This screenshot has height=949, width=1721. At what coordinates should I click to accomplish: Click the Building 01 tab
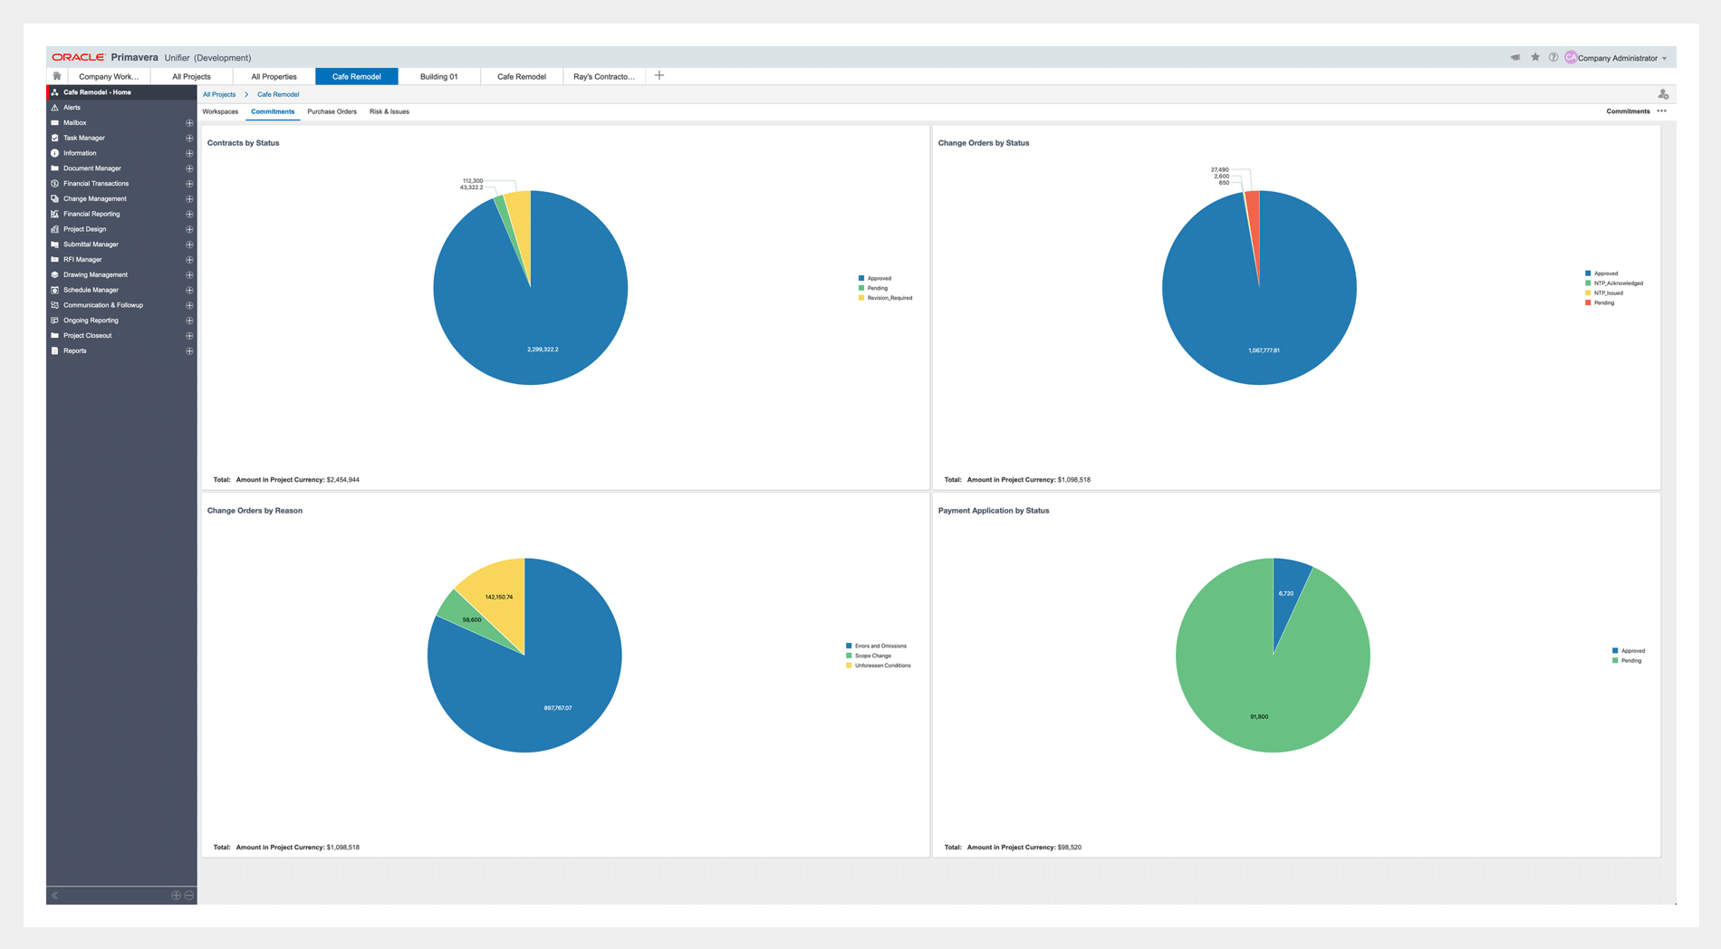pyautogui.click(x=438, y=77)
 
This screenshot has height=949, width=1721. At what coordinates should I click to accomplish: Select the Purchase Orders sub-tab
pyautogui.click(x=332, y=112)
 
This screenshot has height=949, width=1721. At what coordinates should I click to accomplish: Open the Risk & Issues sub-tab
pyautogui.click(x=389, y=112)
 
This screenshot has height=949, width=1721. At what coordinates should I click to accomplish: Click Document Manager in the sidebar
pyautogui.click(x=91, y=168)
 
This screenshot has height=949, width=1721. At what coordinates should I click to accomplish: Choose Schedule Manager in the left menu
pyautogui.click(x=91, y=290)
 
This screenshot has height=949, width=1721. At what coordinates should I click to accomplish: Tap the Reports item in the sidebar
pyautogui.click(x=75, y=350)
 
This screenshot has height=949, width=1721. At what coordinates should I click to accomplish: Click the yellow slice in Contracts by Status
pyautogui.click(x=518, y=217)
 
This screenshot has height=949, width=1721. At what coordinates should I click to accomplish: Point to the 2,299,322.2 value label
pyautogui.click(x=543, y=350)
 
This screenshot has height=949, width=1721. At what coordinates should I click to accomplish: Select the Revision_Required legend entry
pyautogui.click(x=889, y=298)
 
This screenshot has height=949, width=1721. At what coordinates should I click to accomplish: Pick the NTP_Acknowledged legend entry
pyautogui.click(x=1618, y=283)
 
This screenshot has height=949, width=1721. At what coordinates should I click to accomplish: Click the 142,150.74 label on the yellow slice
pyautogui.click(x=498, y=597)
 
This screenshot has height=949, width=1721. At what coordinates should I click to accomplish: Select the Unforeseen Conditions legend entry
pyautogui.click(x=882, y=666)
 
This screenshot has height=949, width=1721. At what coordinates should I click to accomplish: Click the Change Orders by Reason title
pyautogui.click(x=255, y=511)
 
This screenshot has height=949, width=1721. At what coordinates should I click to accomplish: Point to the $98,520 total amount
pyautogui.click(x=1069, y=848)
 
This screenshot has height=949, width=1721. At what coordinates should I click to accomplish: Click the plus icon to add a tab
pyautogui.click(x=659, y=76)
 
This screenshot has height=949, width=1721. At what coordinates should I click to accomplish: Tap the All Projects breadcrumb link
pyautogui.click(x=219, y=94)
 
